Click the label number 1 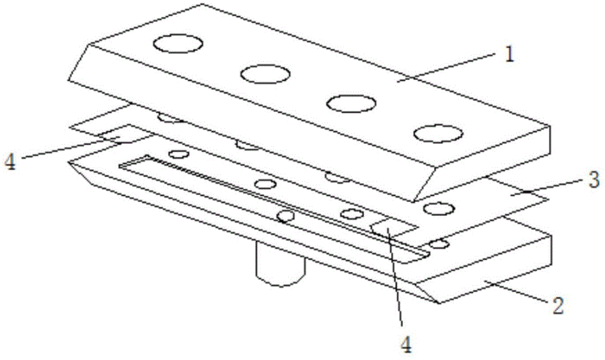point(510,55)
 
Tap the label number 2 point(557,306)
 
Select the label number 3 point(595,180)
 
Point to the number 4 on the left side point(9,161)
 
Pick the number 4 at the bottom point(405,344)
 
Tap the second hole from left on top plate point(265,74)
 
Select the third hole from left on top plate point(351,103)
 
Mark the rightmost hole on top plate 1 point(438,134)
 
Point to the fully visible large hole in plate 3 point(438,209)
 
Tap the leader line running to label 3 point(548,187)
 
